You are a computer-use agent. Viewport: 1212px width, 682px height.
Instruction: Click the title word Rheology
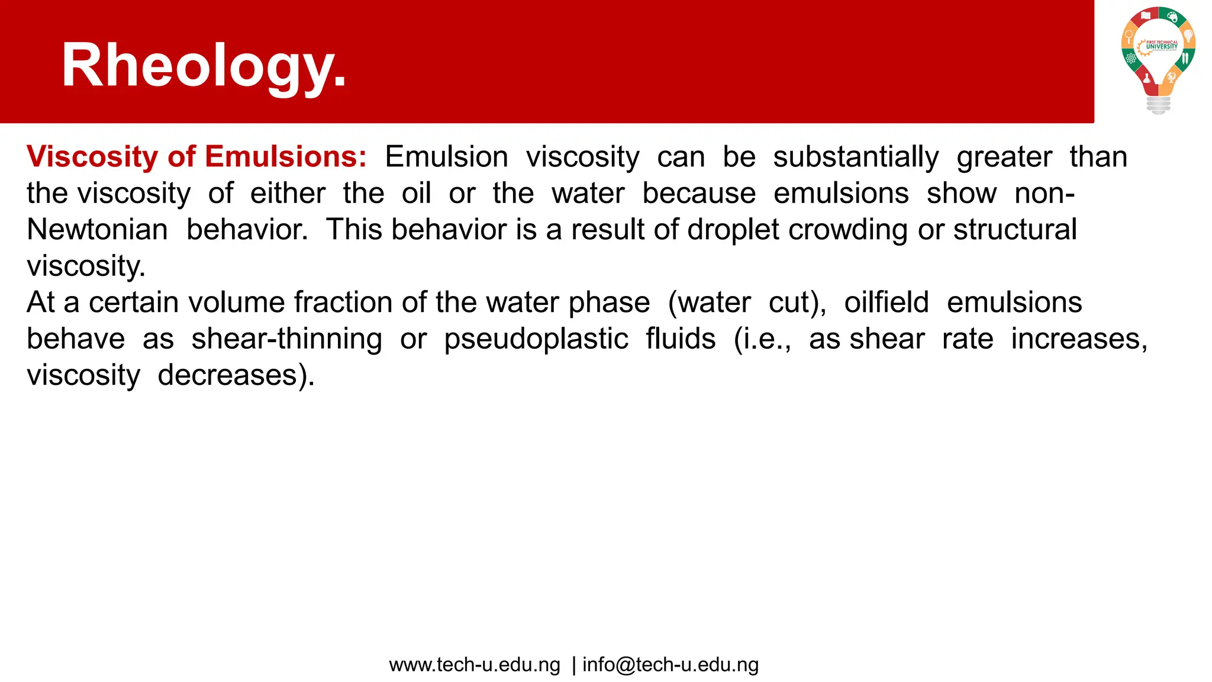(x=204, y=66)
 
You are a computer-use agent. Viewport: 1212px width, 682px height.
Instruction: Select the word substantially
(x=856, y=157)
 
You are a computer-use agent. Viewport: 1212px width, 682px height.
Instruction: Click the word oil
(x=416, y=194)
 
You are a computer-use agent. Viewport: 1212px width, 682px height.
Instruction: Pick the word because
(x=699, y=194)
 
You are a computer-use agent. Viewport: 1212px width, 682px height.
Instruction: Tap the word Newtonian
(x=98, y=230)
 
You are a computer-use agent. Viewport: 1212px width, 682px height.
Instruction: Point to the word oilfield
(x=887, y=303)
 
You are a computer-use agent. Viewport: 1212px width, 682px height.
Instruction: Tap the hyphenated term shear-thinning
(x=286, y=340)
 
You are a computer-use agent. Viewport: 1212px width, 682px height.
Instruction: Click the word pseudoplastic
(x=536, y=340)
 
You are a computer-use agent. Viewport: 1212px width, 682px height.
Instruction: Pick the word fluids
(x=681, y=339)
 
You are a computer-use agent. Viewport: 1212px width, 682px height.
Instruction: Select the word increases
(x=1079, y=339)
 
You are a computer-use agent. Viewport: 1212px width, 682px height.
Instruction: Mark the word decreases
(x=236, y=375)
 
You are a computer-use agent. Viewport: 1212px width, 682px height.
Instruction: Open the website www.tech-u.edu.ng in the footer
(x=475, y=665)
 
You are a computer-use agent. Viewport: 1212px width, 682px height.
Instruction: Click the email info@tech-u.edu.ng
(x=671, y=665)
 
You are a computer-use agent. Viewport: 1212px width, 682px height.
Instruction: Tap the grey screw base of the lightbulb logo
(x=1158, y=105)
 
